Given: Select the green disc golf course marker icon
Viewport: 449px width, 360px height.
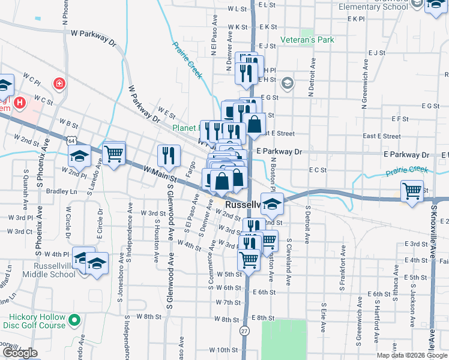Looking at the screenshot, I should coord(74,321).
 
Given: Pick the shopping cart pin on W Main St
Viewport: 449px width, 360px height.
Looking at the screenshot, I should coord(113,154).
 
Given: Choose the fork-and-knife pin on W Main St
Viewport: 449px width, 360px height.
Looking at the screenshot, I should coord(169,155).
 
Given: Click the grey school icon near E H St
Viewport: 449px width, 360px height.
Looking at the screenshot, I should coord(287,82).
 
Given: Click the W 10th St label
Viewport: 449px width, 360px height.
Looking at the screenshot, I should coord(223,350).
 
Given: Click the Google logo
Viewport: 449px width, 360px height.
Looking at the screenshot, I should coord(20,353).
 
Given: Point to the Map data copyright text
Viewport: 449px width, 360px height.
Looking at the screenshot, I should coord(412,355).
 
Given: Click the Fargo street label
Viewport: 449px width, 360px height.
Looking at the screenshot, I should coord(191,170).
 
